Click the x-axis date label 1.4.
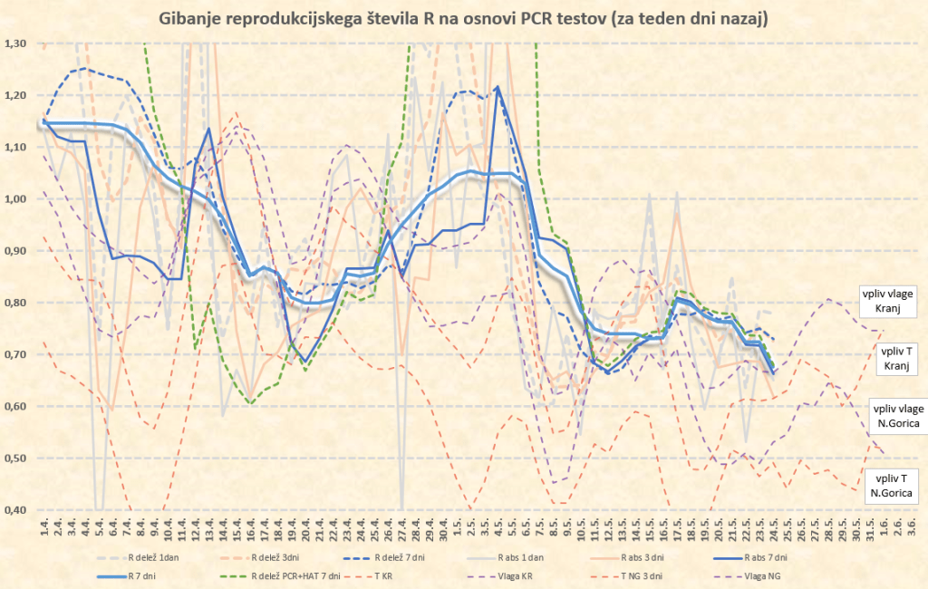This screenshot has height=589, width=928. [43, 526]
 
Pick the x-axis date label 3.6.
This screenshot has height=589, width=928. [912, 526]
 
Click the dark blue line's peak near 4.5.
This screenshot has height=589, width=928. [498, 87]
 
